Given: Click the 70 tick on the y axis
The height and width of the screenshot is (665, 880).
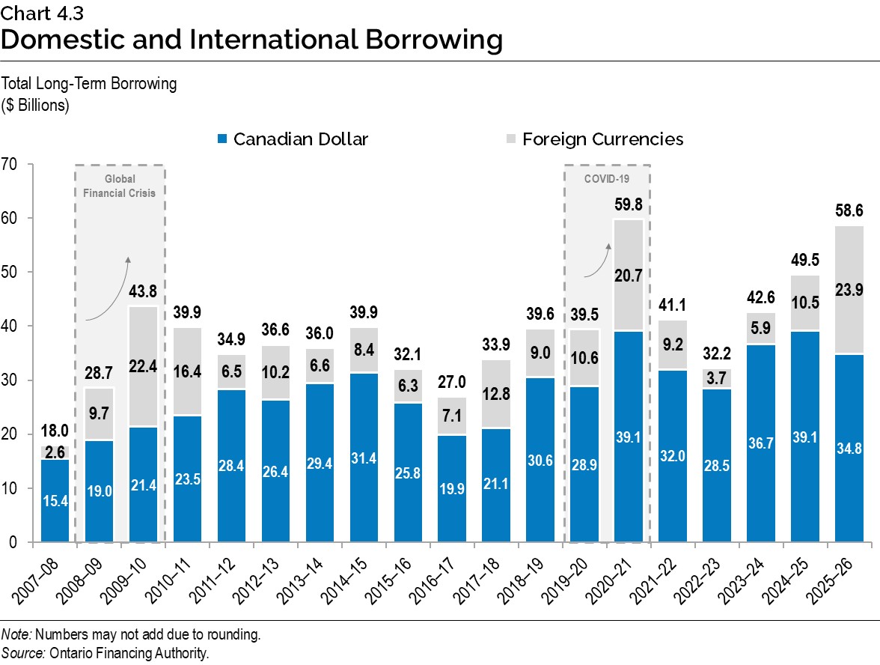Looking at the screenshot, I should coord(10,164).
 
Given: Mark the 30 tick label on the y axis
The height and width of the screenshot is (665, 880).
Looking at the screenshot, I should coord(10,380).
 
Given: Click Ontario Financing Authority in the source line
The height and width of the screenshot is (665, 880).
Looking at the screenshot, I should coord(129,653).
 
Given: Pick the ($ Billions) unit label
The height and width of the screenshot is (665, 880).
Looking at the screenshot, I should coord(35,104).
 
